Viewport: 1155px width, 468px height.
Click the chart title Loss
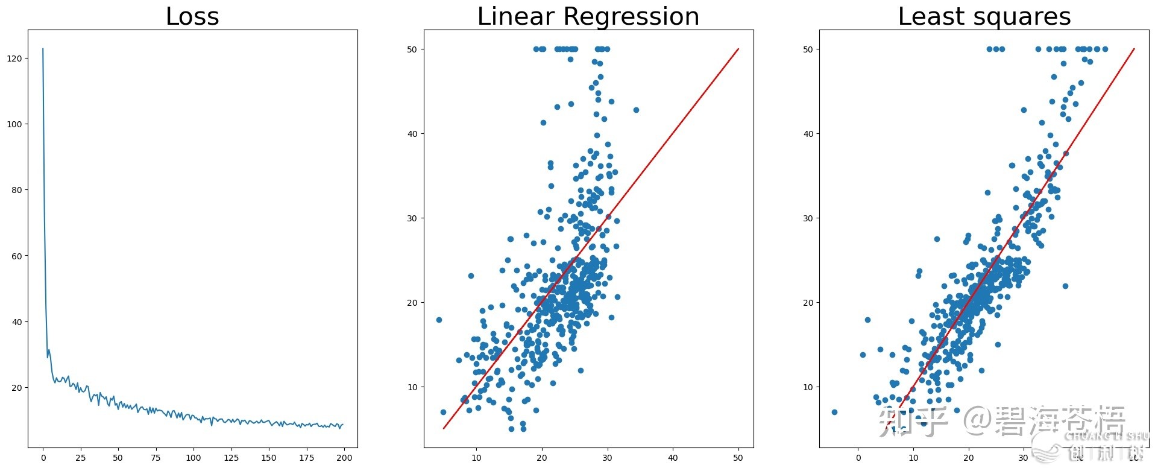[x=192, y=16]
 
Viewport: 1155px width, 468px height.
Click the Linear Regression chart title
[x=588, y=16]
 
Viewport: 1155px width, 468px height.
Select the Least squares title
[x=984, y=16]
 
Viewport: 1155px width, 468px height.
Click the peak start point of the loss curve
[x=43, y=49]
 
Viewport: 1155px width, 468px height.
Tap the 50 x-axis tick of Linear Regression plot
[x=738, y=458]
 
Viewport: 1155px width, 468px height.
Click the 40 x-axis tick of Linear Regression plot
[x=673, y=458]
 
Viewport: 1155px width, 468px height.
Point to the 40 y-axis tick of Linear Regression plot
[x=412, y=134]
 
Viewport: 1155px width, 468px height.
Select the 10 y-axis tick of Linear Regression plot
[x=412, y=387]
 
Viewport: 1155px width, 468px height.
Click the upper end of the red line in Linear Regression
[x=738, y=49]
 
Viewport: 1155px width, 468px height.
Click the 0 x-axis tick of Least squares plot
[x=858, y=458]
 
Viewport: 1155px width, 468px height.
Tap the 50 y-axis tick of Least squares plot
[x=808, y=49]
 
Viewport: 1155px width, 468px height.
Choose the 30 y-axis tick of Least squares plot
[x=808, y=218]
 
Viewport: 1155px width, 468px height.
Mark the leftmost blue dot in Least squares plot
[x=834, y=412]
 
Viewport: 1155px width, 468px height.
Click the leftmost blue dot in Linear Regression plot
[x=439, y=320]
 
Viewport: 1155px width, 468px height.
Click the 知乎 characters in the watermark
[x=913, y=421]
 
